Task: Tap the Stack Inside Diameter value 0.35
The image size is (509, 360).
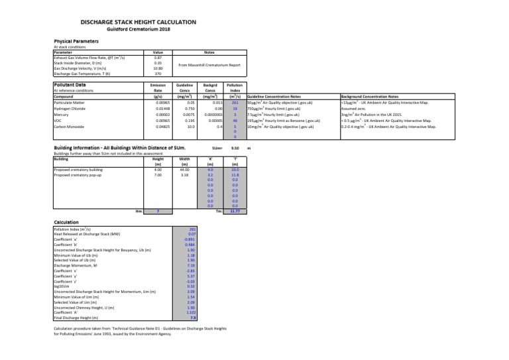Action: [158, 63]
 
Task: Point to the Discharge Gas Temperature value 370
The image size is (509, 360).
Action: [158, 74]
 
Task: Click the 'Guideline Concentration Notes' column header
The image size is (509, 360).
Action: [274, 97]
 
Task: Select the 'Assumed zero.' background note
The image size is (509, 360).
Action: [351, 109]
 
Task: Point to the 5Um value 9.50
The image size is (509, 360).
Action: [235, 149]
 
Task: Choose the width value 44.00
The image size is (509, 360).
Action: [185, 170]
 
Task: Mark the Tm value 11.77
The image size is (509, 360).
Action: [235, 211]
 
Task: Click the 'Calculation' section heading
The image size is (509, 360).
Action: [66, 222]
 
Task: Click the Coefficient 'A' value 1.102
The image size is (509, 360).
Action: [191, 312]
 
